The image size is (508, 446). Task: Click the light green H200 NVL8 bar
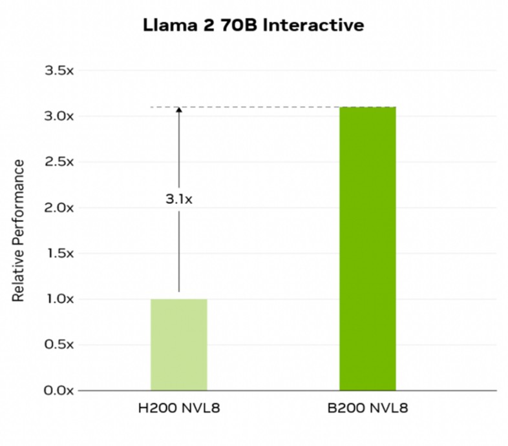[x=179, y=345]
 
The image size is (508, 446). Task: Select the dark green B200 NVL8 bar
[x=367, y=248]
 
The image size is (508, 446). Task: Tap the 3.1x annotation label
[x=179, y=199]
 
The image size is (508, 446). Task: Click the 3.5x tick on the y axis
[x=59, y=70]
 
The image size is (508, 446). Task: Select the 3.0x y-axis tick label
[x=59, y=116]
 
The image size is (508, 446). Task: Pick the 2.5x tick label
[x=59, y=162]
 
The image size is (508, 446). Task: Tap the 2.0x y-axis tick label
[x=59, y=207]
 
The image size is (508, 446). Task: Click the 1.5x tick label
[x=61, y=253]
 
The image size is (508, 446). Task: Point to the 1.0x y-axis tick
[x=61, y=299]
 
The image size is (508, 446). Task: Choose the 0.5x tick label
[x=59, y=345]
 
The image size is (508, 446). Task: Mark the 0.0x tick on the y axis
[x=59, y=390]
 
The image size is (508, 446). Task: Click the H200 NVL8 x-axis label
[x=179, y=408]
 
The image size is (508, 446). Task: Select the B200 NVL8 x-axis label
[x=368, y=408]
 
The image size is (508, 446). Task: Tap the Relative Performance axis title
[x=19, y=231]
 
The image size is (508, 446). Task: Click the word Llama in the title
[x=170, y=25]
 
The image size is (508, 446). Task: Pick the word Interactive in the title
[x=313, y=25]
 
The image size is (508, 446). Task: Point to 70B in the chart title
[x=238, y=25]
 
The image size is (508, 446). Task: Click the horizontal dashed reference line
[x=273, y=107]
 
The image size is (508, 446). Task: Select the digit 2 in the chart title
[x=209, y=25]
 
